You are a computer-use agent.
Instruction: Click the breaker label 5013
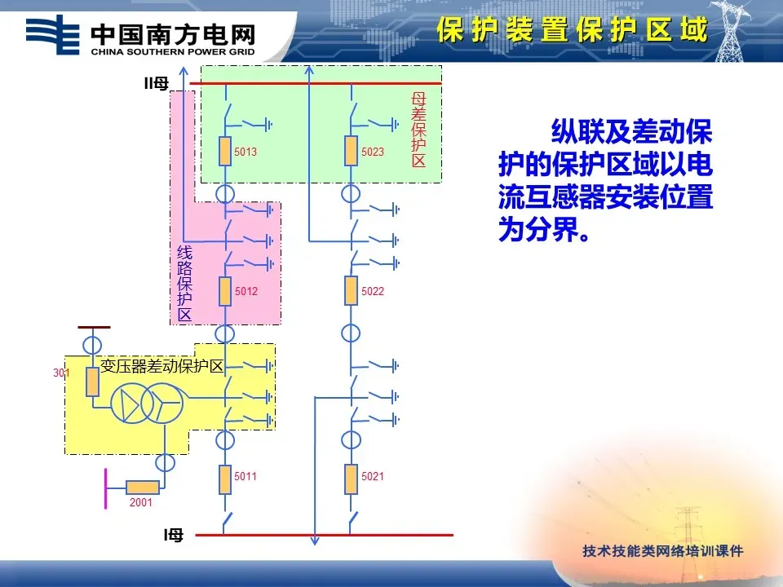(246, 152)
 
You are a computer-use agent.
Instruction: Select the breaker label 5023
(373, 152)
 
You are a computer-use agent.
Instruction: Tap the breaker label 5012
(246, 291)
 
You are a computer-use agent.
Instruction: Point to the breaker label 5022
(373, 291)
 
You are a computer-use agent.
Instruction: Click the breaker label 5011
(246, 477)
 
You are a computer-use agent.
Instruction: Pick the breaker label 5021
(373, 477)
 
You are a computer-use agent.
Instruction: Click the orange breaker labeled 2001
(142, 487)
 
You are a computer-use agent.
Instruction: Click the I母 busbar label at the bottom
(174, 535)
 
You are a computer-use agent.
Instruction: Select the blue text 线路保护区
(184, 283)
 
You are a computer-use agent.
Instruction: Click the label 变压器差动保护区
(161, 366)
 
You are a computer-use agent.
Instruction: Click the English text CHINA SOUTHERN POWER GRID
(173, 51)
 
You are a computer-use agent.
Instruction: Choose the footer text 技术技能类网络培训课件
(663, 550)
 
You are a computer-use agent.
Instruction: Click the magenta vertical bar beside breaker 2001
(105, 488)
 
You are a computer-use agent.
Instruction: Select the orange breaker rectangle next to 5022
(351, 290)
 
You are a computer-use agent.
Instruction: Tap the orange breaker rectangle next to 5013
(225, 152)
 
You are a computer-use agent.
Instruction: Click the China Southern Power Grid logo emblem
(53, 33)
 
